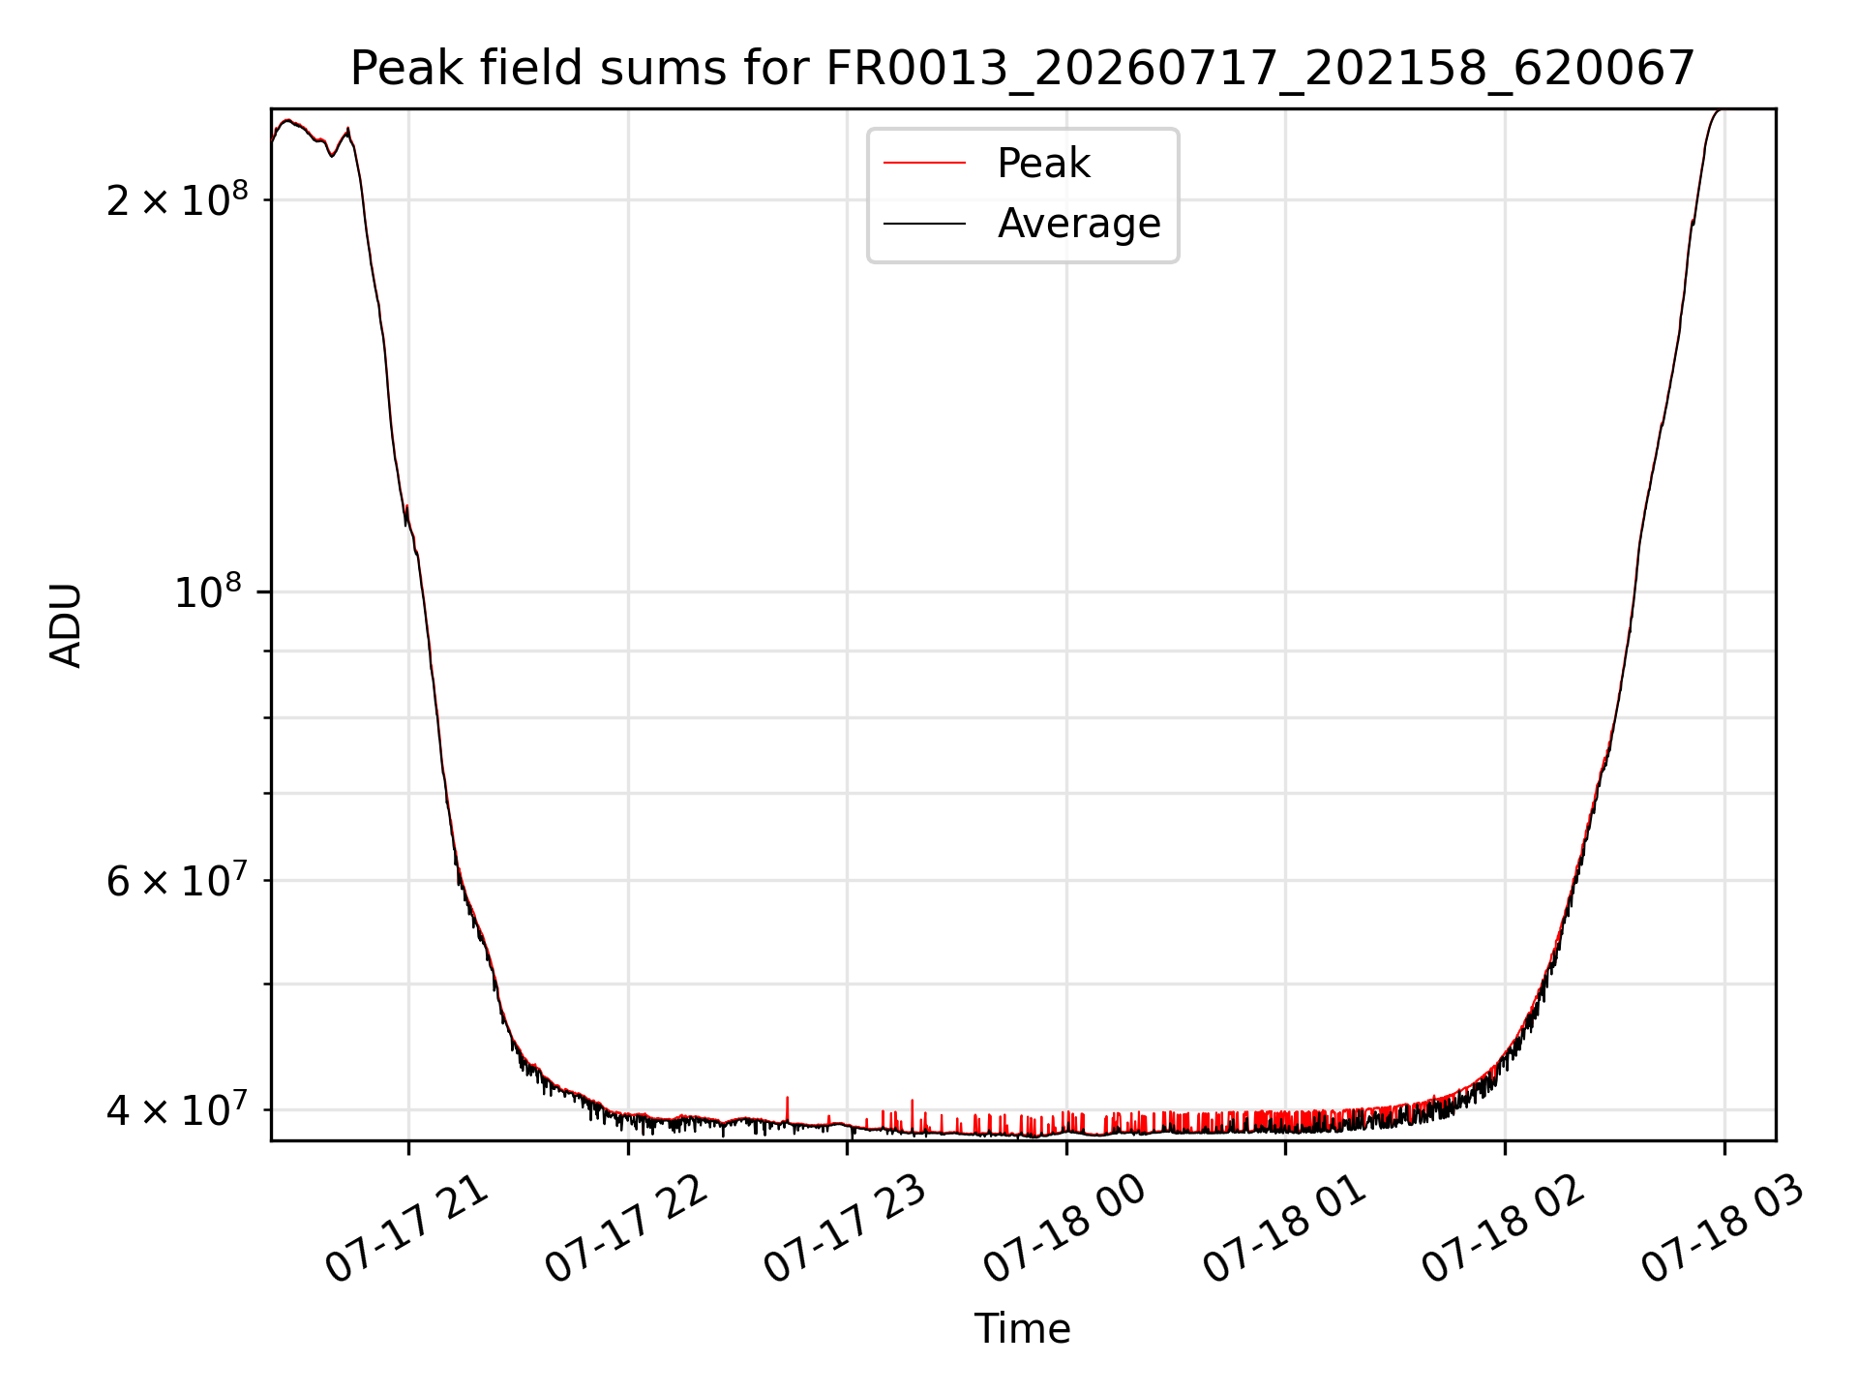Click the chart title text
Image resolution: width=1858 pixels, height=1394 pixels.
1022,69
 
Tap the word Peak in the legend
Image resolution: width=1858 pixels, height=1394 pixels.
1043,164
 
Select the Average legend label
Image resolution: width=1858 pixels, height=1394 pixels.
1079,224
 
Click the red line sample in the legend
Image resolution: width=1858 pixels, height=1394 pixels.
924,164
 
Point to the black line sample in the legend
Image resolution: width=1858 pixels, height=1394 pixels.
924,224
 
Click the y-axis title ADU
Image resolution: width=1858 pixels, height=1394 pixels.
66,625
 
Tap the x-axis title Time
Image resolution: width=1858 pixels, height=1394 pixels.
1022,1329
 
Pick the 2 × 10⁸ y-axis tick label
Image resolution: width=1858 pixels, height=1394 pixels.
177,199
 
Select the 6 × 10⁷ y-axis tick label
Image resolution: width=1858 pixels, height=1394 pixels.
177,880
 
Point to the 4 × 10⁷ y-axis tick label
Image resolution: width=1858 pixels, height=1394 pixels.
177,1109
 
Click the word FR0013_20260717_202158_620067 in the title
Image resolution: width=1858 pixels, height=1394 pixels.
1260,70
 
